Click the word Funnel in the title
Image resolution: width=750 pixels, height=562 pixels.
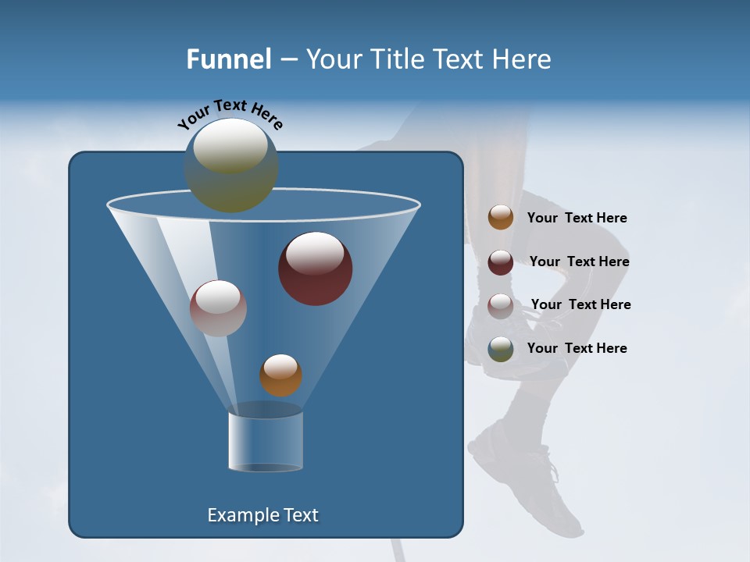point(229,59)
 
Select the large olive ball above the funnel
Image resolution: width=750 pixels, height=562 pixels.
point(231,165)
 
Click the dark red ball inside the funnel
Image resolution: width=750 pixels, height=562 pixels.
point(315,268)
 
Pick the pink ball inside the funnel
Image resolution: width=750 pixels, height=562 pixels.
point(218,308)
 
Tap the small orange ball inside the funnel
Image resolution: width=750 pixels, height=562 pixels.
point(280,375)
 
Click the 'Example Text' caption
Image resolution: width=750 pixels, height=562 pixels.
point(262,515)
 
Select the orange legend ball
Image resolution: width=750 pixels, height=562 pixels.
point(501,217)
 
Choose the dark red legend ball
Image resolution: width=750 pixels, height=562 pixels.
point(501,261)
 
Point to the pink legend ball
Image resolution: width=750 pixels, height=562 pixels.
point(501,305)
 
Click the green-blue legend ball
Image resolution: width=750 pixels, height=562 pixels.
point(501,348)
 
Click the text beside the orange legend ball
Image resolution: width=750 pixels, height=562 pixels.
point(577,218)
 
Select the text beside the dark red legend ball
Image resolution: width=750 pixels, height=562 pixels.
point(579,261)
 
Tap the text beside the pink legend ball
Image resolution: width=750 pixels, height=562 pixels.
point(580,304)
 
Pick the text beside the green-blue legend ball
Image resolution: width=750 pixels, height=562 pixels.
point(577,348)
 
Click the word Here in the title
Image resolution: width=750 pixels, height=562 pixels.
point(521,59)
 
